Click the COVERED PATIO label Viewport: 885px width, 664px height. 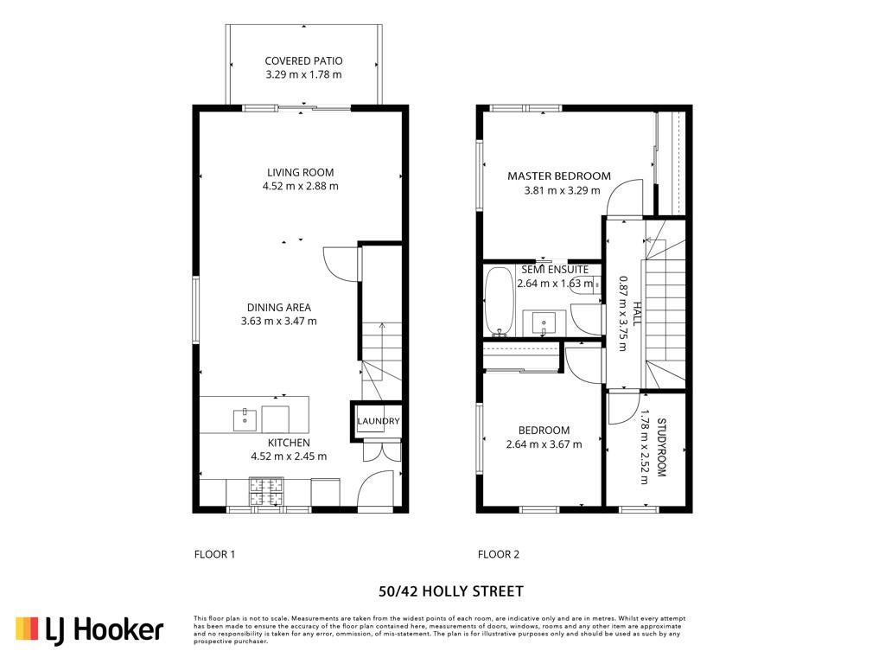pyautogui.click(x=303, y=61)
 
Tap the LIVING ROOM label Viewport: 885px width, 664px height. pyautogui.click(x=300, y=172)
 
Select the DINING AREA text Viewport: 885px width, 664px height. pyautogui.click(x=279, y=307)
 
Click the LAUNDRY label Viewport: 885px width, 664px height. pyautogui.click(x=379, y=421)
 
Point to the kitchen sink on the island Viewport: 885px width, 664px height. pyautogui.click(x=245, y=419)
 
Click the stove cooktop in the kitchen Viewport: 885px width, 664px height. pyautogui.click(x=266, y=491)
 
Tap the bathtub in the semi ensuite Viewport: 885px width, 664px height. pyautogui.click(x=500, y=301)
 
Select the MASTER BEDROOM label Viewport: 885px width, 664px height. pyautogui.click(x=559, y=176)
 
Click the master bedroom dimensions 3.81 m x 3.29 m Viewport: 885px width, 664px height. pyautogui.click(x=562, y=190)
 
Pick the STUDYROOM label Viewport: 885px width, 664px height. pyautogui.click(x=662, y=447)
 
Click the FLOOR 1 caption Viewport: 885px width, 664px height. pyautogui.click(x=214, y=554)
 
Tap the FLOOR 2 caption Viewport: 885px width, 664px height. pyautogui.click(x=499, y=554)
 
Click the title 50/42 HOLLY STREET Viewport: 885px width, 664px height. pyautogui.click(x=451, y=591)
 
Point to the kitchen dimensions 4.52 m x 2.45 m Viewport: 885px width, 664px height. pyautogui.click(x=289, y=456)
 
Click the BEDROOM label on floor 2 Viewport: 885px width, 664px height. pyautogui.click(x=544, y=431)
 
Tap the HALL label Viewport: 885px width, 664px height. pyautogui.click(x=637, y=313)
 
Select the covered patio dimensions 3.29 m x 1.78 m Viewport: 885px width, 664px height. pyautogui.click(x=303, y=74)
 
